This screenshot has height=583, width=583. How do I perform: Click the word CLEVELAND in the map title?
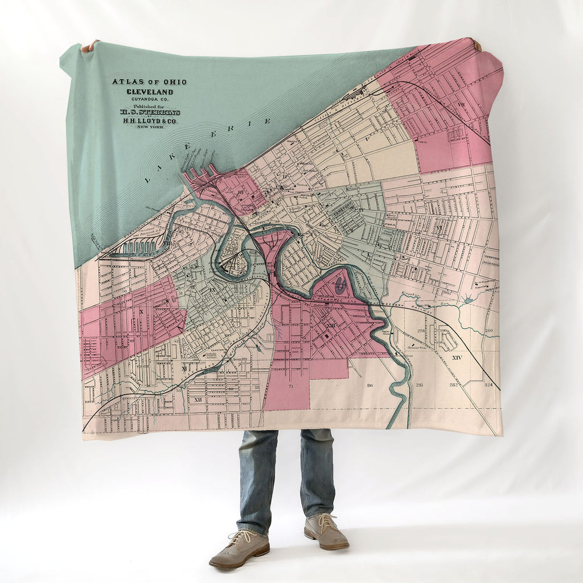pyautogui.click(x=150, y=92)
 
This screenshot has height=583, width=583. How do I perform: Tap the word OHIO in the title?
pyautogui.click(x=173, y=82)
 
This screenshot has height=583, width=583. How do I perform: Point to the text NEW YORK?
pyautogui.click(x=150, y=126)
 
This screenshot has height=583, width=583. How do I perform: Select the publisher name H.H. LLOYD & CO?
pyautogui.click(x=150, y=120)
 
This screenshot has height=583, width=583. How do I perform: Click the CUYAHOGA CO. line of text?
pyautogui.click(x=150, y=99)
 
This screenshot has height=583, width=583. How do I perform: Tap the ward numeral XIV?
pyautogui.click(x=456, y=358)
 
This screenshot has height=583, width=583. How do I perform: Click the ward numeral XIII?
pyautogui.click(x=331, y=325)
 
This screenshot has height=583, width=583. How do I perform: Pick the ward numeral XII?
pyautogui.click(x=198, y=400)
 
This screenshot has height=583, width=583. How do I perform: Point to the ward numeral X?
pyautogui.click(x=140, y=312)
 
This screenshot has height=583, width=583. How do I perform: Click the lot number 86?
pyautogui.click(x=370, y=385)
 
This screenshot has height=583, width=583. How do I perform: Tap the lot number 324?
pyautogui.click(x=488, y=385)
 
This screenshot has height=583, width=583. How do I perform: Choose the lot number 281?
pyautogui.click(x=420, y=385)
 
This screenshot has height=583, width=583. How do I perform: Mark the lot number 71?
pyautogui.click(x=290, y=386)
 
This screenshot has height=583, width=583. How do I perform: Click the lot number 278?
pyautogui.click(x=421, y=331)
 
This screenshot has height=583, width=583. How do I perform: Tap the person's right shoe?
pyautogui.click(x=239, y=549)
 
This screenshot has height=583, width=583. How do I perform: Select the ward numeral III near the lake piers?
pyautogui.click(x=241, y=192)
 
